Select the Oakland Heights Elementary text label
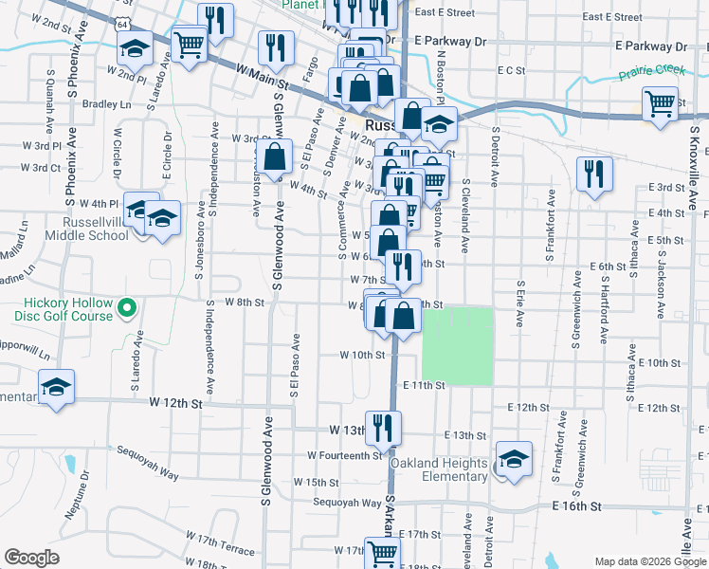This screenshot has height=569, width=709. point(443,469)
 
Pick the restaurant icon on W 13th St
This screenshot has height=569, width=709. point(383,426)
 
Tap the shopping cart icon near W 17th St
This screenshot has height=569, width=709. point(382,552)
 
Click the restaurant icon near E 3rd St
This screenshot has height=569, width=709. point(594,174)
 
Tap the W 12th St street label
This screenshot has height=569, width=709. point(176,403)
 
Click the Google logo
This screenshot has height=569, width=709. point(32,558)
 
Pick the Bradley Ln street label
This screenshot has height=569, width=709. point(104,104)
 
